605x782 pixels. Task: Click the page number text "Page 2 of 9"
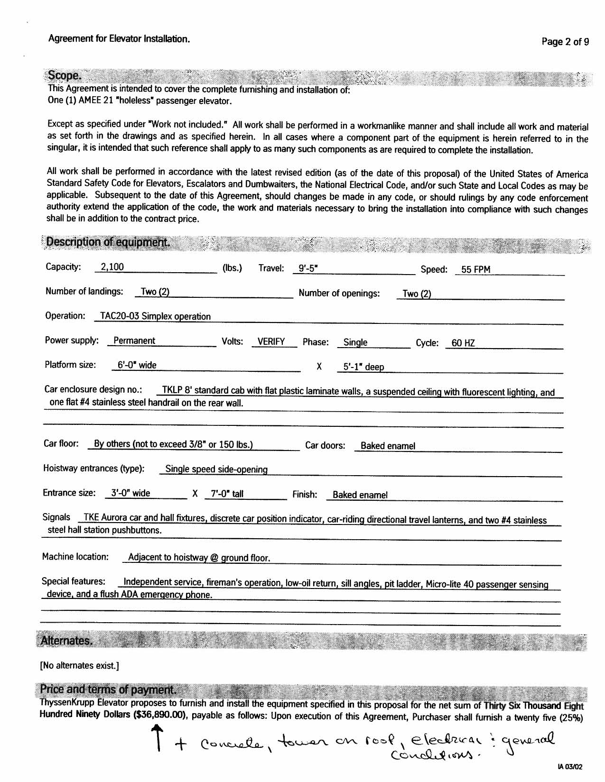point(565,42)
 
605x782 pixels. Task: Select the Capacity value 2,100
point(112,267)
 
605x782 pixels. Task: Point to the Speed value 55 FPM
point(475,269)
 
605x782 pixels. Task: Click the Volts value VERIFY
point(271,341)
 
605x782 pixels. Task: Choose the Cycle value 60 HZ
point(463,343)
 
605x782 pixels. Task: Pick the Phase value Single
point(355,342)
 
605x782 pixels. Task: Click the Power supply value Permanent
point(134,340)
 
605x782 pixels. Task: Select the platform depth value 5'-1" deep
point(363,367)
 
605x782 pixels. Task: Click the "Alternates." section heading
point(66,641)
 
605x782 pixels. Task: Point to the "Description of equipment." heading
point(108,242)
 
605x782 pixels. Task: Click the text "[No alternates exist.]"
point(79,665)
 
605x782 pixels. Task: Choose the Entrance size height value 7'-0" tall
point(227,494)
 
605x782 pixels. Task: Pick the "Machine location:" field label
point(75,556)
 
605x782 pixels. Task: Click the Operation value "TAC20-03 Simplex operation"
point(155,316)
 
